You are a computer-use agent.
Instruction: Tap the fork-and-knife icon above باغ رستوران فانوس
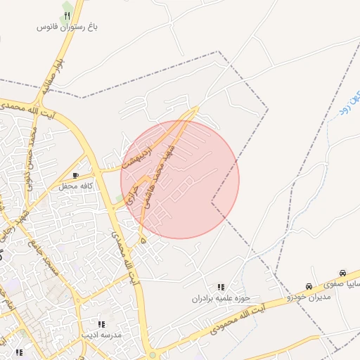click(x=67, y=15)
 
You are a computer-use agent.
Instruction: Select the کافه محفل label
click(x=77, y=185)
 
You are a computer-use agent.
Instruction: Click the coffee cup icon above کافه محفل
click(x=76, y=175)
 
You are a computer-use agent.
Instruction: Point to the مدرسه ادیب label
click(x=102, y=335)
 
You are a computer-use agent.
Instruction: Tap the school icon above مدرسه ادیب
click(x=101, y=324)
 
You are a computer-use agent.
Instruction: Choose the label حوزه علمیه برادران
click(x=221, y=298)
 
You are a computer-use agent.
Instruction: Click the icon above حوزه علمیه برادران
click(x=221, y=287)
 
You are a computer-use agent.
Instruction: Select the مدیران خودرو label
click(x=309, y=297)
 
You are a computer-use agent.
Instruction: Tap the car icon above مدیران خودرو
click(x=309, y=286)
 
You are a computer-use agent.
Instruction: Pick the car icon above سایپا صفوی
click(x=342, y=273)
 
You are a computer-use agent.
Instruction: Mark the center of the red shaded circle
click(x=180, y=179)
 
